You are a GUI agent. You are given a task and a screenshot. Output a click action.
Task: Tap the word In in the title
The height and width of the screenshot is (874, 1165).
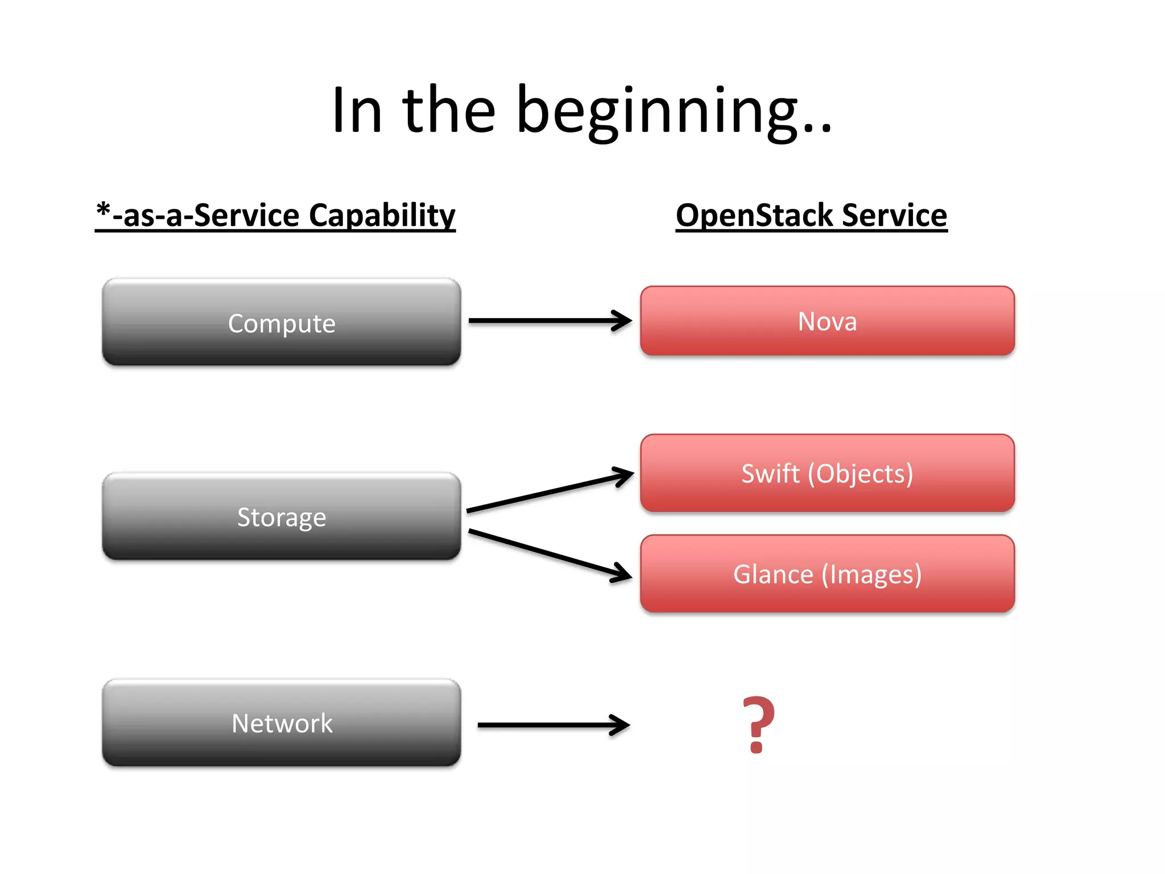357,111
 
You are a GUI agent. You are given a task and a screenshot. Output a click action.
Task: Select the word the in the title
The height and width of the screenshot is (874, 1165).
449,111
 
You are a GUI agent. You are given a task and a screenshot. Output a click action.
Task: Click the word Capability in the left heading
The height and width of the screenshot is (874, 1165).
382,216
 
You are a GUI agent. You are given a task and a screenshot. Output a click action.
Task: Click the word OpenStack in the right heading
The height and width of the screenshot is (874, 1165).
754,216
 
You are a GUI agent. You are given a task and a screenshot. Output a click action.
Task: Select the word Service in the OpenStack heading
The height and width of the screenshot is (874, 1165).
894,216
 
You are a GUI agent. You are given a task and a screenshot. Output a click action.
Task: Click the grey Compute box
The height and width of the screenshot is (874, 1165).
281,322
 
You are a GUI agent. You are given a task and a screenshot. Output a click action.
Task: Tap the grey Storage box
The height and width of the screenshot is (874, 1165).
281,517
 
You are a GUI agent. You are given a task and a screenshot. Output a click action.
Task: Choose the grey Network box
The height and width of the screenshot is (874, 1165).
281,723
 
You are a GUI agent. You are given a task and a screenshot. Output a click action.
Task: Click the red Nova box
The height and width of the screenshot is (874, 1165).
827,321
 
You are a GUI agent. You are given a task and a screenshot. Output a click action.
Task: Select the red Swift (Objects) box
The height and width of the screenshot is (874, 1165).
827,473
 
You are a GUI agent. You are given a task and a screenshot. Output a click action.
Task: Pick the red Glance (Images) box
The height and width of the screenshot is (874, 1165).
827,574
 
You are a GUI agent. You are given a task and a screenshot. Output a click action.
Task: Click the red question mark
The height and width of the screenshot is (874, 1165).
758,724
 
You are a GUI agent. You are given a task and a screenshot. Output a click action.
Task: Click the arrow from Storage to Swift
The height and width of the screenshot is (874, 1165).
549,492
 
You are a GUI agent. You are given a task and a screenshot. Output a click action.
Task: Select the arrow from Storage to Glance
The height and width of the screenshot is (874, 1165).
549,555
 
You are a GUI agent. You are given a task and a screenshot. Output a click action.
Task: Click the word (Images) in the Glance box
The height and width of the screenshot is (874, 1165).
871,574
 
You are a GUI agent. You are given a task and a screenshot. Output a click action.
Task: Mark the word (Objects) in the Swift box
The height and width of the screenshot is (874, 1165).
860,473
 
